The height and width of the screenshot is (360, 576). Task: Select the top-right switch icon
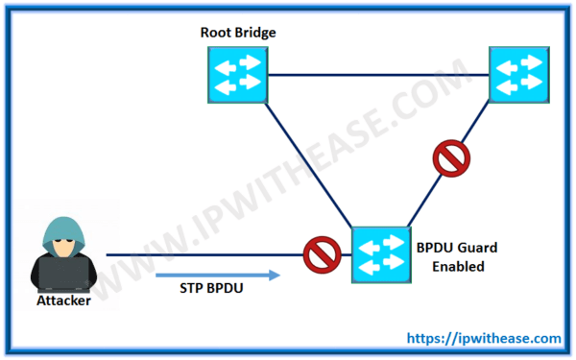[520, 76]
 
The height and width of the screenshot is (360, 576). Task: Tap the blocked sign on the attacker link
[319, 255]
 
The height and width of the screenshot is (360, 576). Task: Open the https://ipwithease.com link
[485, 338]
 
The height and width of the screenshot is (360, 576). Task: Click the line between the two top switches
[378, 76]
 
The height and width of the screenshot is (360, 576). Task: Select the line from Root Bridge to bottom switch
[307, 163]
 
